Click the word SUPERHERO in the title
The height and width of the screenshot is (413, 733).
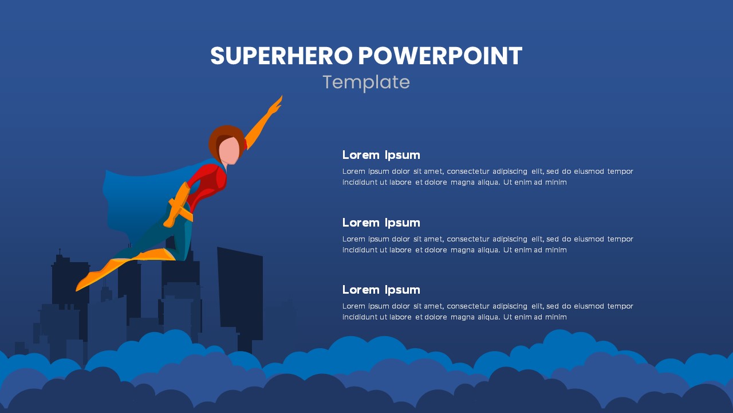281,56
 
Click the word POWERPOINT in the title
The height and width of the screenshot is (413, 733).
440,56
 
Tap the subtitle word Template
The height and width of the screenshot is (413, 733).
366,83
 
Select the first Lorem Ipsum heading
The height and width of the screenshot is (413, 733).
381,155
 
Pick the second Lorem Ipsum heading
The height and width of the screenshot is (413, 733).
381,223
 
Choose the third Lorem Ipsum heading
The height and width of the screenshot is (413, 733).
381,290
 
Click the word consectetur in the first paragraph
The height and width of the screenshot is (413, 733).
467,172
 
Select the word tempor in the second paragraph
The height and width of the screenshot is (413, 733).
620,239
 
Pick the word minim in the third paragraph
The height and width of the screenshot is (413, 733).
555,317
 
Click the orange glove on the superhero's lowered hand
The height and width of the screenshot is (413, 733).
171,221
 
